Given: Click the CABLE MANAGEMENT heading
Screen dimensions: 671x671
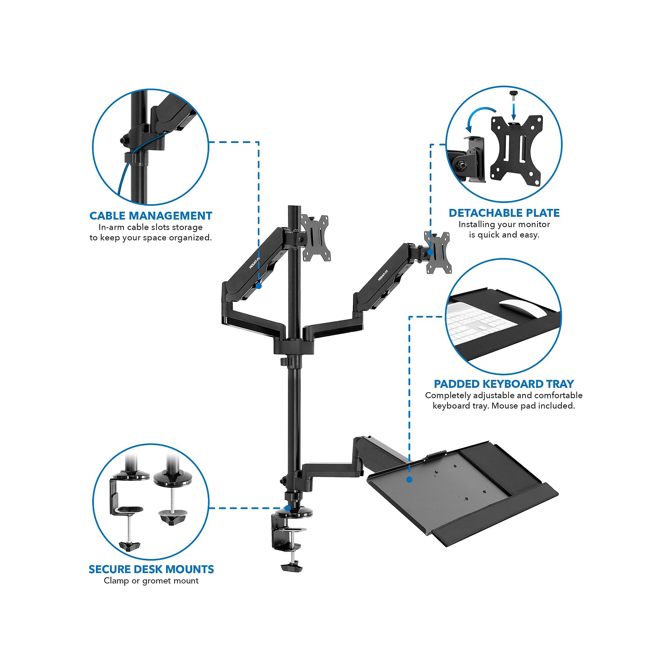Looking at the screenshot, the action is pyautogui.click(x=151, y=216).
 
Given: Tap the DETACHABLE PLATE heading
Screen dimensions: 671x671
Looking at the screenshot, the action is pyautogui.click(x=504, y=213).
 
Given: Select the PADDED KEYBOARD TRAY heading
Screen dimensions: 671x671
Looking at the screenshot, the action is pyautogui.click(x=504, y=384).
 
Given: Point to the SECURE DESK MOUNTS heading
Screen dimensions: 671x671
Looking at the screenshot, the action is pyautogui.click(x=151, y=569).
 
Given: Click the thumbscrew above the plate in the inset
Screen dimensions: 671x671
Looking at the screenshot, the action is pyautogui.click(x=513, y=95).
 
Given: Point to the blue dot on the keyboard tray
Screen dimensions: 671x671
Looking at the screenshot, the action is pyautogui.click(x=409, y=480).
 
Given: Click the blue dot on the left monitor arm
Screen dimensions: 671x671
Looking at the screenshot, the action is pyautogui.click(x=258, y=286).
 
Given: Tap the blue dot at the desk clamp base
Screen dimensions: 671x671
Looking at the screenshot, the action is pyautogui.click(x=288, y=508).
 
